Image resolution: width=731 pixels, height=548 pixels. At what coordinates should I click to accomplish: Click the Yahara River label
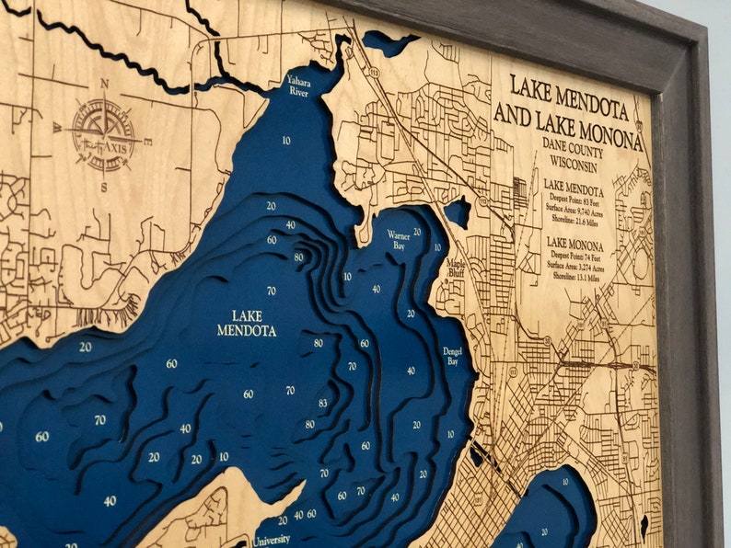(298, 85)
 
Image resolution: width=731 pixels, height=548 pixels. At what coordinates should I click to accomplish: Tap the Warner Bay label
(399, 241)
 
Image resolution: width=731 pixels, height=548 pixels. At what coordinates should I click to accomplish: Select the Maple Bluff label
(456, 268)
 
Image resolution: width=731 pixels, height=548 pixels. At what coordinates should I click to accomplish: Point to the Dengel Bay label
(452, 357)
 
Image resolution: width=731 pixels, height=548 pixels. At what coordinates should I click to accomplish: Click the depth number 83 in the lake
(322, 403)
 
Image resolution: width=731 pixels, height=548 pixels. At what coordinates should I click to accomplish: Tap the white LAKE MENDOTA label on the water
(247, 323)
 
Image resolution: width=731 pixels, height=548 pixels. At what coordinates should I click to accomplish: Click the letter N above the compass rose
(104, 84)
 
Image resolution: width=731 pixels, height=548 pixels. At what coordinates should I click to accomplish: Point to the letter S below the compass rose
(104, 187)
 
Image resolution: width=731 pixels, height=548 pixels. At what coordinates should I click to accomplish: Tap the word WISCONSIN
(571, 166)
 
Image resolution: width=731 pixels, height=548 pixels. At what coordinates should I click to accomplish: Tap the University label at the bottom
(272, 542)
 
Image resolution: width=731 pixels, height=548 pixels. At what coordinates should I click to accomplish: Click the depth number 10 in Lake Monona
(565, 482)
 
